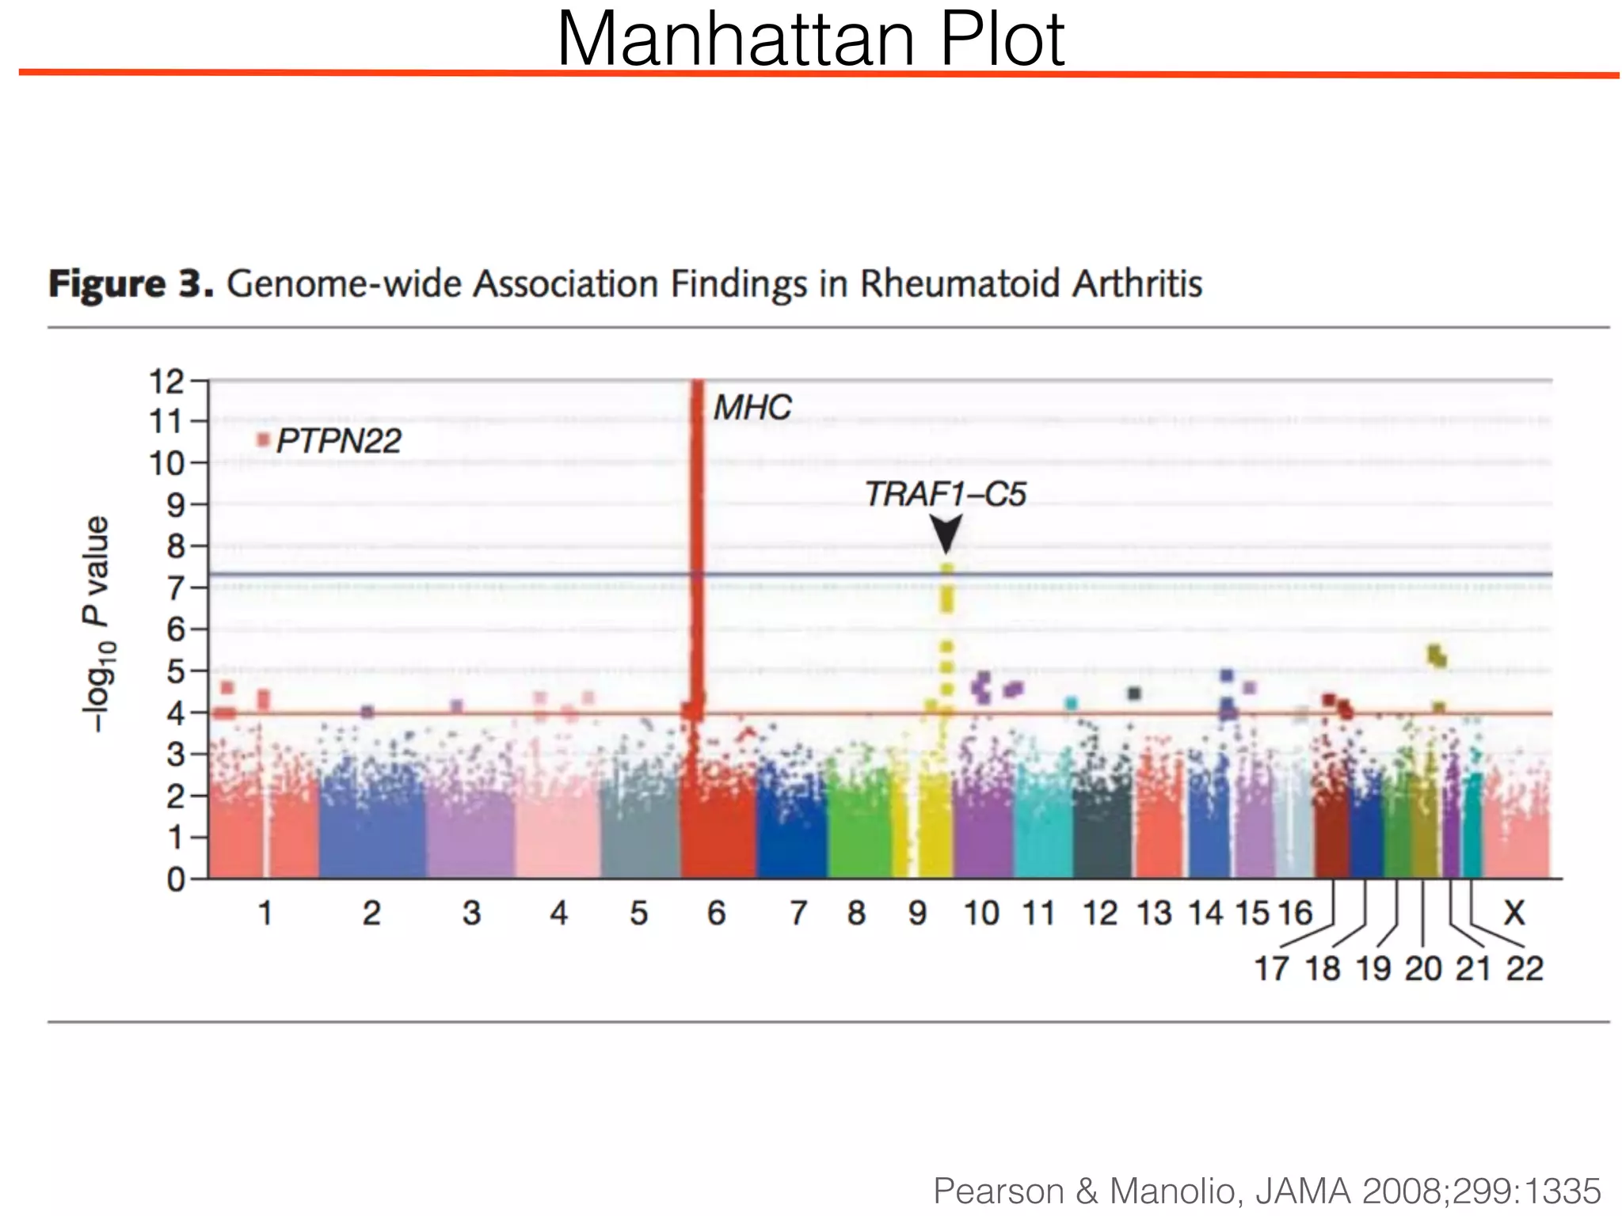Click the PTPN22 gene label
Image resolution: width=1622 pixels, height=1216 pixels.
339,441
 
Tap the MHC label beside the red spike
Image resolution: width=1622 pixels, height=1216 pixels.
752,408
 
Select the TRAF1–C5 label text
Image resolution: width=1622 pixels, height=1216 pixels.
945,494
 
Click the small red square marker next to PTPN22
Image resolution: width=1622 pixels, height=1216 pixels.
264,439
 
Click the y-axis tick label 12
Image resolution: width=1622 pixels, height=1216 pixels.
166,382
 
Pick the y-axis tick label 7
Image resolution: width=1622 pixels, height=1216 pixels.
175,588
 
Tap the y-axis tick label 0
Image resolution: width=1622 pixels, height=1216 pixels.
175,880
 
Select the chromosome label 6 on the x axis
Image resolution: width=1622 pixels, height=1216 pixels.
716,914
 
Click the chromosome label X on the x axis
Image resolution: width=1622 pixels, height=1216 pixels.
1513,914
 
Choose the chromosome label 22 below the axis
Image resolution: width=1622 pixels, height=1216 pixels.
1525,969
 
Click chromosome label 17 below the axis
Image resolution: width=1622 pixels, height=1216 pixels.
1272,969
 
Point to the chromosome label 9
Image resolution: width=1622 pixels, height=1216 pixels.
917,914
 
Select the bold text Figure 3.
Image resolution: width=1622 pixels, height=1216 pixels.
131,283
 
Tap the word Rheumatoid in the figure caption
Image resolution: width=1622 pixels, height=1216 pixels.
960,283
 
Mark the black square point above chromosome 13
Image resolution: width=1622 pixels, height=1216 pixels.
1133,693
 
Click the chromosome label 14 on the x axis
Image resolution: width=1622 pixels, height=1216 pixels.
1205,914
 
